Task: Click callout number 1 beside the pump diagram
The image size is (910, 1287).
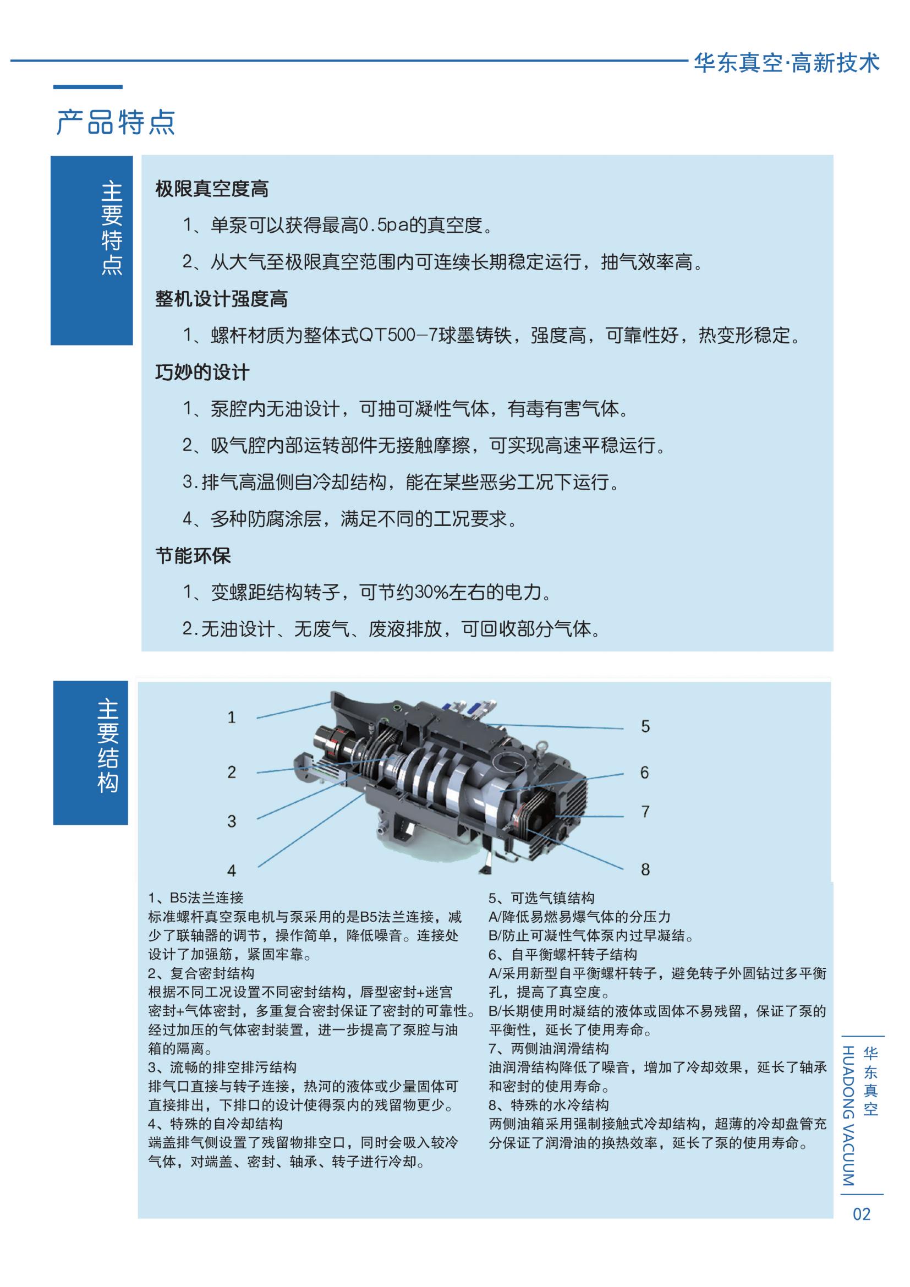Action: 232,718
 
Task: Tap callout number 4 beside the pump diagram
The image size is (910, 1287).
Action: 232,870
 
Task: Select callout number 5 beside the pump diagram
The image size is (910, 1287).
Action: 645,727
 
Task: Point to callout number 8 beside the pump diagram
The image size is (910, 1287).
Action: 645,869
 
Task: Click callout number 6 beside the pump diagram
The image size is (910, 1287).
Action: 645,773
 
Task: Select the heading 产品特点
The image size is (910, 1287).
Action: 116,122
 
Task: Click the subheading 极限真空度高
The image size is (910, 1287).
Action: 212,189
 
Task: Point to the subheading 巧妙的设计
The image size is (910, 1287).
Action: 202,372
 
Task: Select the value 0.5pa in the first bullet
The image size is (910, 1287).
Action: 384,226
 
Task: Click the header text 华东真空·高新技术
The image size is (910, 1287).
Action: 787,62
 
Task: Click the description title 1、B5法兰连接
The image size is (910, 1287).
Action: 196,898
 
